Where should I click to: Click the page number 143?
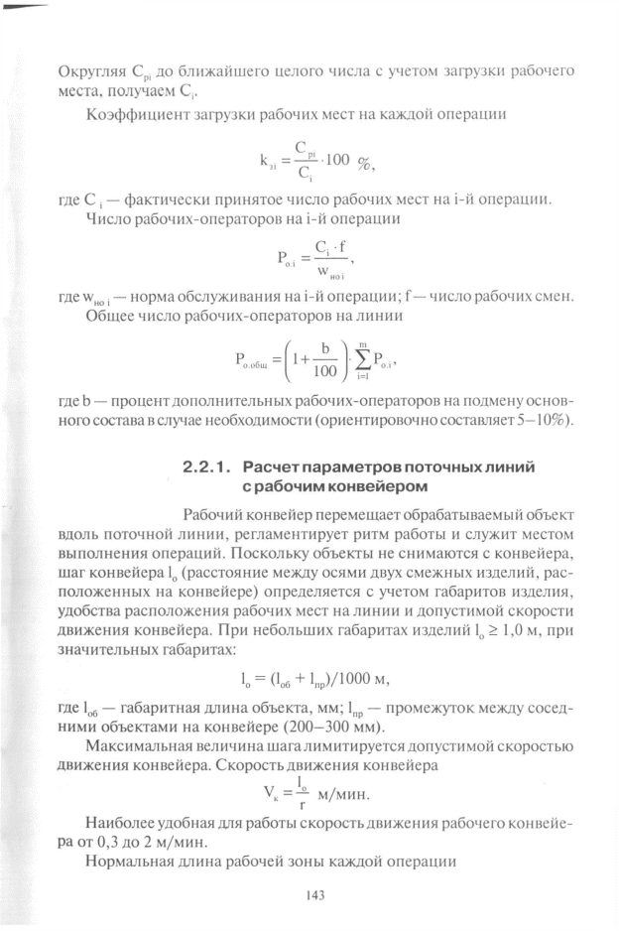pos(317,896)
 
